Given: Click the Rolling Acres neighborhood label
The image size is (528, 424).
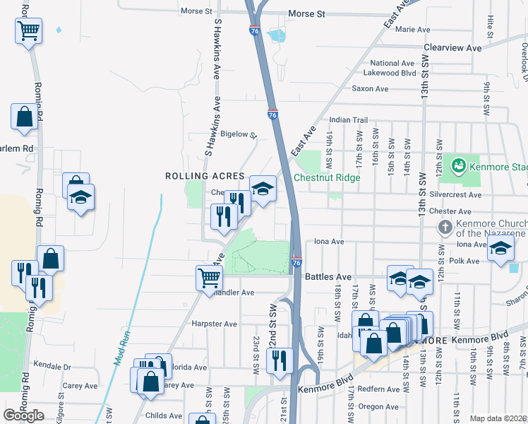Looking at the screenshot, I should (x=205, y=176).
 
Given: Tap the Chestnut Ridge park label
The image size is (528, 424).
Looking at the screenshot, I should (x=327, y=177).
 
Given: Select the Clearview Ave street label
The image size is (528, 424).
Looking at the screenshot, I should (x=452, y=48).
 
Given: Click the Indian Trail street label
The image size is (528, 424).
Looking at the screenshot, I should (x=349, y=120).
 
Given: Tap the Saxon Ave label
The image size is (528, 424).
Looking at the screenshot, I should (x=371, y=89).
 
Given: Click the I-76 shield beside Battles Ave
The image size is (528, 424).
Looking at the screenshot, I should (x=296, y=263).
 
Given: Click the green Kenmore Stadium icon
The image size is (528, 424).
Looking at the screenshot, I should (x=458, y=166).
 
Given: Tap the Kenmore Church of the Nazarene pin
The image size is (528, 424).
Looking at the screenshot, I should (x=445, y=228).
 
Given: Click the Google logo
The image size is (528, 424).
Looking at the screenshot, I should (x=24, y=415).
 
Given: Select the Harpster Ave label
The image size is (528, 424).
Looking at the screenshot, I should (x=214, y=324).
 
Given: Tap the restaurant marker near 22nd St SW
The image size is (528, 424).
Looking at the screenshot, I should (x=280, y=360).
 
